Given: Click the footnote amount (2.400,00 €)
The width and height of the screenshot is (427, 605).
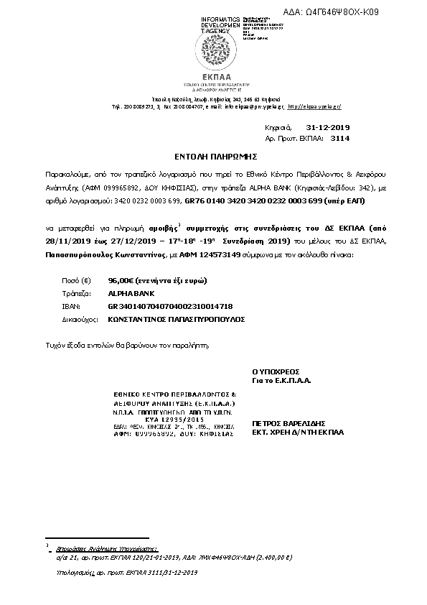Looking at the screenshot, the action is tap(255, 557).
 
